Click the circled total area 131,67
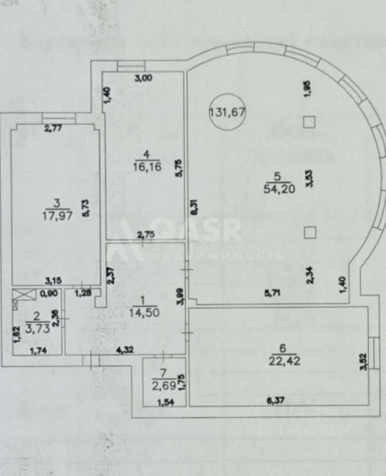coord(227,112)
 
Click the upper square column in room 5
coord(310,122)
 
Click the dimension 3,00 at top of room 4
coord(144,77)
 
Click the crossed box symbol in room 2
coord(23,295)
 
